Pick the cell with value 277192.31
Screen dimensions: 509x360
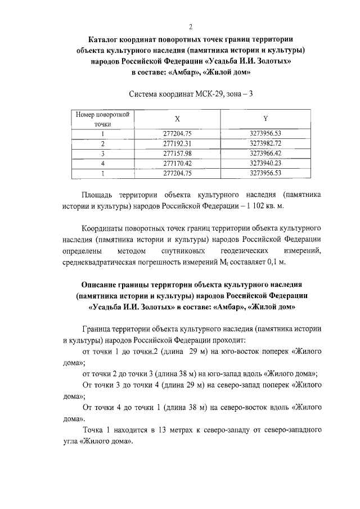(x=177, y=143)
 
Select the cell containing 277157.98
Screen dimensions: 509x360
(x=177, y=153)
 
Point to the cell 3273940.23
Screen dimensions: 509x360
(x=265, y=163)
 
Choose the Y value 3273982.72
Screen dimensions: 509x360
(x=265, y=143)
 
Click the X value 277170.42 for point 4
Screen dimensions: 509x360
(x=177, y=163)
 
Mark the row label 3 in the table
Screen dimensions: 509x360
(x=103, y=153)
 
